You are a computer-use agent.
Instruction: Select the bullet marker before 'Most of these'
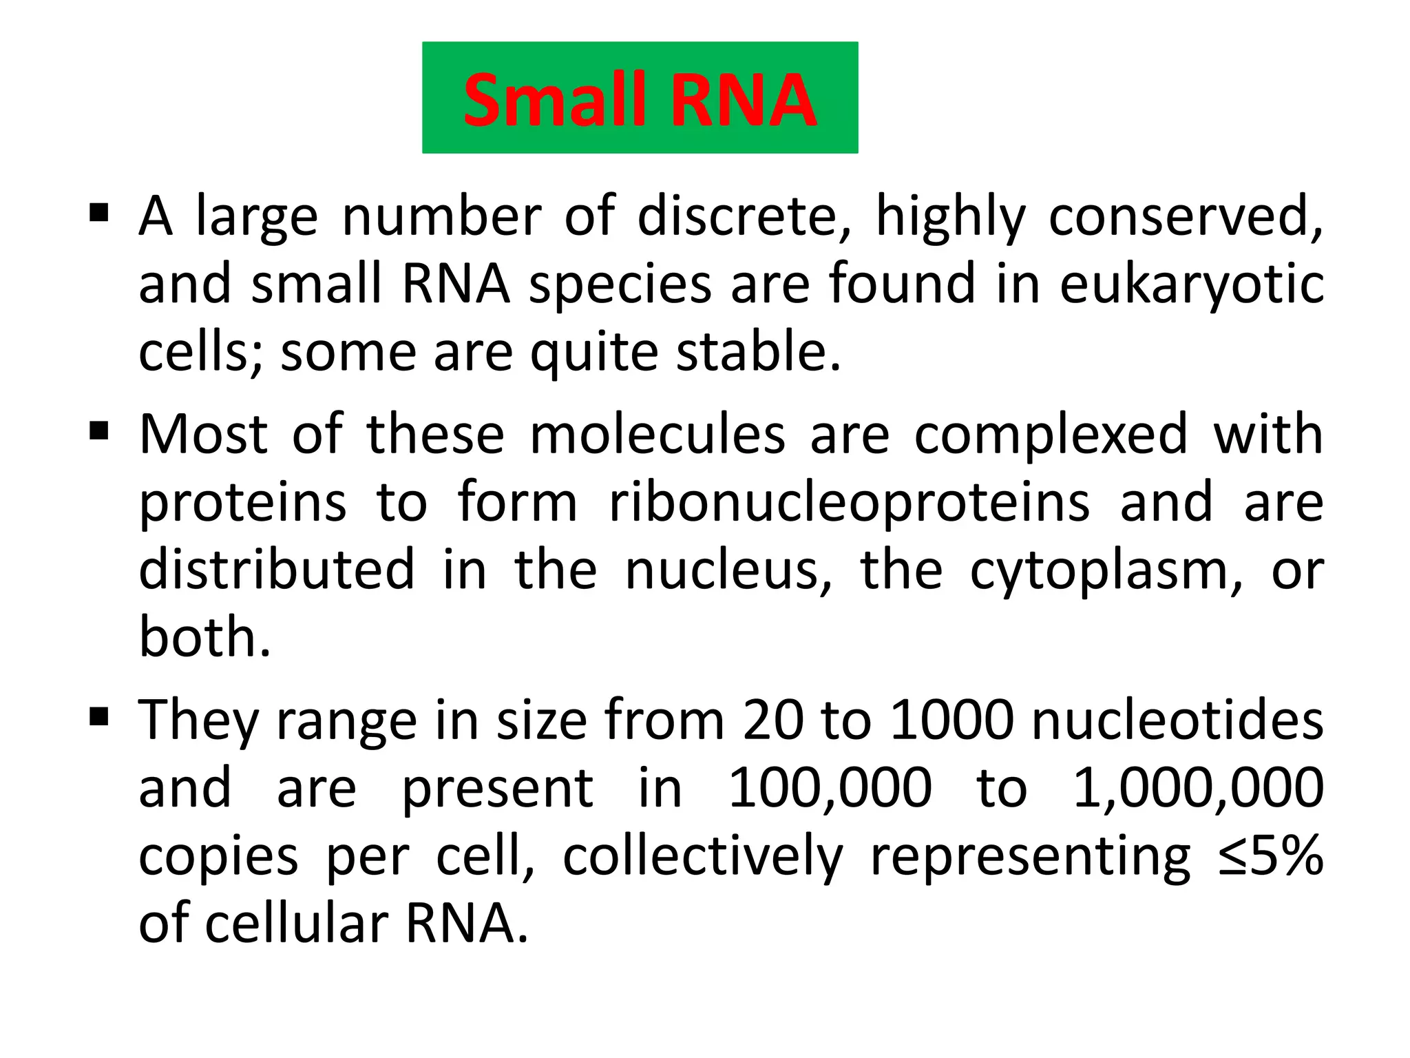pyautogui.click(x=99, y=432)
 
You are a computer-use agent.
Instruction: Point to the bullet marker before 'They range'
pyautogui.click(x=99, y=717)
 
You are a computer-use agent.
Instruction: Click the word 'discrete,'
pyautogui.click(x=744, y=216)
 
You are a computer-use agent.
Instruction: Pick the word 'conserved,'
pyautogui.click(x=1185, y=216)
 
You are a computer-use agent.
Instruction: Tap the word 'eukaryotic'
pyautogui.click(x=1192, y=284)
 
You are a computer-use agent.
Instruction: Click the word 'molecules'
pyautogui.click(x=657, y=435)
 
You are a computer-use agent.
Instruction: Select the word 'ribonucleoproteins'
pyautogui.click(x=850, y=503)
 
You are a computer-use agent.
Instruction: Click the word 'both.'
pyautogui.click(x=205, y=636)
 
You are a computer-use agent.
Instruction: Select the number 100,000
pyautogui.click(x=830, y=788)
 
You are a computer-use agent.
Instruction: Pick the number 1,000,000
pyautogui.click(x=1199, y=788)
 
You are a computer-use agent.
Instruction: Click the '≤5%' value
pyautogui.click(x=1270, y=855)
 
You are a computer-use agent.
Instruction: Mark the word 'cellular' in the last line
pyautogui.click(x=296, y=923)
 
